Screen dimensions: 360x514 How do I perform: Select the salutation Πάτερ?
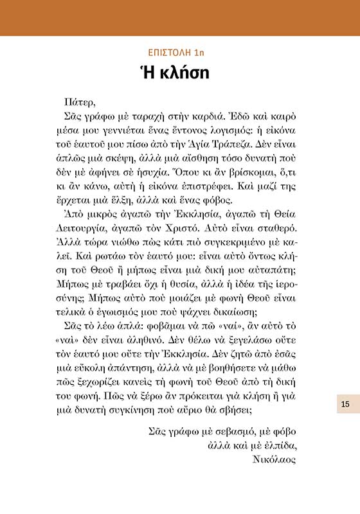[x=80, y=102]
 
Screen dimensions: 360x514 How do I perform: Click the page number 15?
[x=345, y=403]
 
